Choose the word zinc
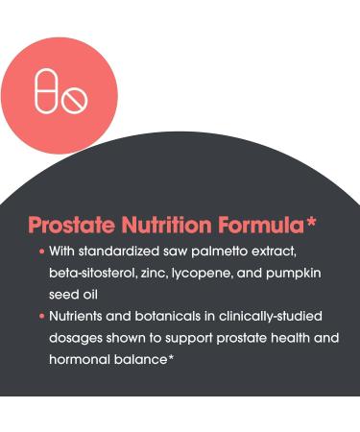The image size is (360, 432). tap(172, 275)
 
